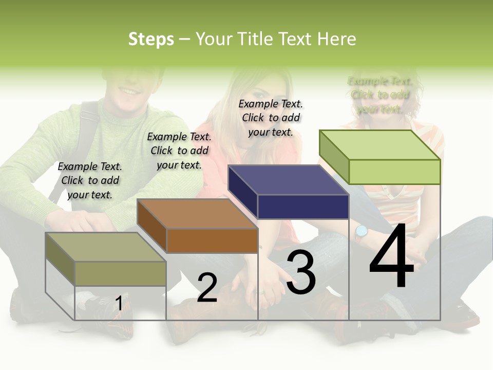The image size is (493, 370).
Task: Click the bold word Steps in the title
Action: coord(151,39)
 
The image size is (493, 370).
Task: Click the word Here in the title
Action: coord(337,39)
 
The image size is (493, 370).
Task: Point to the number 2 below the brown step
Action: coord(207,288)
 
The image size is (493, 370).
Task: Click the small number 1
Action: coord(119,304)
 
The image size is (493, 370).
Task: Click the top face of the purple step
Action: coord(288,180)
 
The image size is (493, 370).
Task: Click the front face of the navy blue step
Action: coord(303,207)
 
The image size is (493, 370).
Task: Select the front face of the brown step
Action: coord(212,240)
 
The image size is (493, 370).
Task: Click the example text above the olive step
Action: coord(90,180)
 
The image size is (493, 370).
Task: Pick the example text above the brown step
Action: coord(179,151)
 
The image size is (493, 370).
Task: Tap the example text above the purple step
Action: coord(271,118)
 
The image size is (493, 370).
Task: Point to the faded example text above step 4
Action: coord(380,95)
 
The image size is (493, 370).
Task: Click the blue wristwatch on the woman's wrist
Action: coord(362,232)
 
